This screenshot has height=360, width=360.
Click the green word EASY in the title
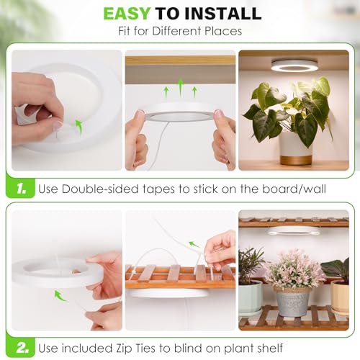[x=127, y=14]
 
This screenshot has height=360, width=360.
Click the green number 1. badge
[x=21, y=189]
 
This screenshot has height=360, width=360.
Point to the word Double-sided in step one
[x=100, y=189]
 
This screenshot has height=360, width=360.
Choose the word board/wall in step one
[x=294, y=189]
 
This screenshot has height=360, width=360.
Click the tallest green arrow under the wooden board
[x=181, y=88]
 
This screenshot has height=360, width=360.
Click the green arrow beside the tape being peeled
[x=79, y=126]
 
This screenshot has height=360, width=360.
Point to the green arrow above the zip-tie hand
[x=194, y=244]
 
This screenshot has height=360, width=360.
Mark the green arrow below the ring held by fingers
[x=60, y=296]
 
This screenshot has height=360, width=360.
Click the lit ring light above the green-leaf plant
[x=294, y=66]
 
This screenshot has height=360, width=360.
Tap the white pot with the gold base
[x=297, y=149]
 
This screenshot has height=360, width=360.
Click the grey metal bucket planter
[x=293, y=302]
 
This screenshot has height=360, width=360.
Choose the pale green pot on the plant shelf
[x=250, y=297]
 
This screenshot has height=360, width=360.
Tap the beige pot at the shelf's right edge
[x=341, y=297]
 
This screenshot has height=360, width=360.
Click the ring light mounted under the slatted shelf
[x=293, y=231]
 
